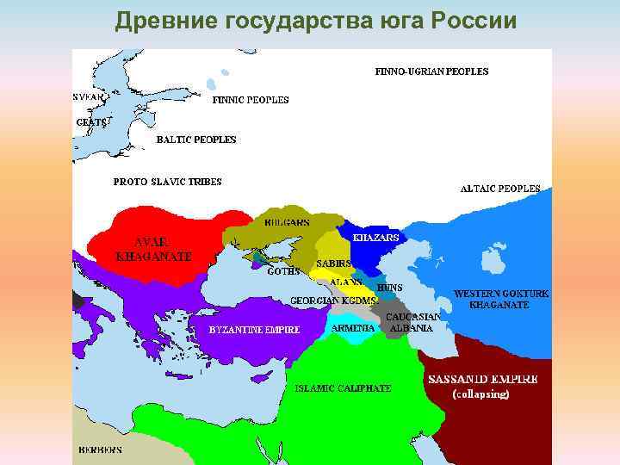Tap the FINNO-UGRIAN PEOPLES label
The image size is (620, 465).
pos(431,71)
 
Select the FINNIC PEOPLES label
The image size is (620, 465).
pos(251,100)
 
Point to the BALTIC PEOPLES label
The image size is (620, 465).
pos(195,139)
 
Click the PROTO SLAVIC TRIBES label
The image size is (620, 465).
pos(168,182)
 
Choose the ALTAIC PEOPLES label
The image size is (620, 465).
pos(500,188)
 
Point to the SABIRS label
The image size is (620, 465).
pos(332,263)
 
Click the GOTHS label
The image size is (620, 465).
pos(283,270)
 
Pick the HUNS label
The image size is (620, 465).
pos(390,287)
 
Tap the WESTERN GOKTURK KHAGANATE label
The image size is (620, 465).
pos(501,299)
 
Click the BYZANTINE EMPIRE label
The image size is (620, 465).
pos(255,329)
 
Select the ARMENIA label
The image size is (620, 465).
pos(353,328)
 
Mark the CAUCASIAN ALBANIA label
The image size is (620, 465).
pos(412,322)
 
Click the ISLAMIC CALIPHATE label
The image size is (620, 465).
pos(343,388)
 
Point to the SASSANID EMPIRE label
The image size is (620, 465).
pos(482,379)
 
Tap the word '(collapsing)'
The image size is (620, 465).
pos(481,394)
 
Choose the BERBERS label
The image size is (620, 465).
pos(100,449)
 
